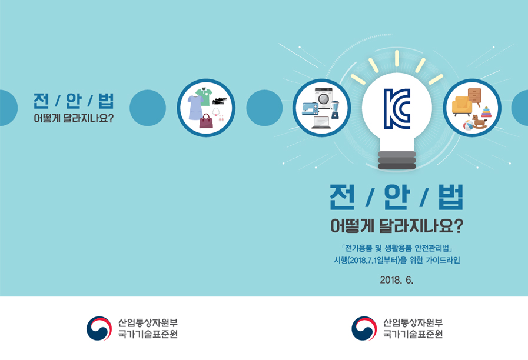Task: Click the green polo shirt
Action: [205, 96]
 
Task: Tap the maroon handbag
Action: [206, 121]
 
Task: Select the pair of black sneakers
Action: [220, 101]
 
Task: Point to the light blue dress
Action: [195, 107]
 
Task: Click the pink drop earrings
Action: [221, 118]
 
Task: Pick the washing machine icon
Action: [324, 98]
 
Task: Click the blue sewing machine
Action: [310, 109]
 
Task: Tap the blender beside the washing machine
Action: [335, 110]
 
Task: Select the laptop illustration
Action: [321, 122]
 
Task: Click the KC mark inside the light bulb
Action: [397, 109]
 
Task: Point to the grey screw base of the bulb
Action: [397, 160]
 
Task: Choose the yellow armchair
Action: [461, 106]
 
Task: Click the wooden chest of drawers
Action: [475, 96]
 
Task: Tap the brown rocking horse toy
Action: [479, 121]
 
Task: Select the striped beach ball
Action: [469, 125]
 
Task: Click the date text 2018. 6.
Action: [396, 280]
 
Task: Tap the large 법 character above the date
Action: [451, 197]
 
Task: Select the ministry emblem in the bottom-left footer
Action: [99, 328]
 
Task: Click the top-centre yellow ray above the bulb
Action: [397, 58]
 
